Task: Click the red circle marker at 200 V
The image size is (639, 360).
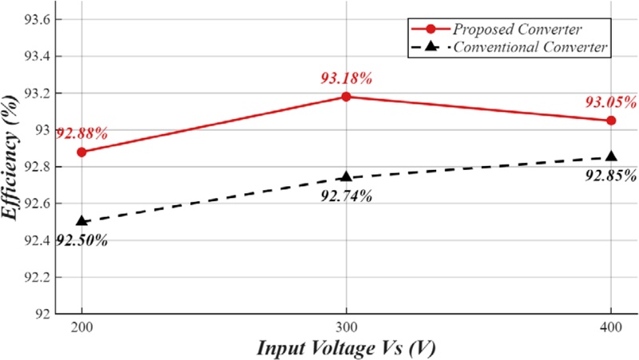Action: (81, 152)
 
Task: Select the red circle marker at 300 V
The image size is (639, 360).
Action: (346, 97)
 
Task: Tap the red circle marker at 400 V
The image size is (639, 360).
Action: (611, 121)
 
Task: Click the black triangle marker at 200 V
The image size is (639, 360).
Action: (81, 221)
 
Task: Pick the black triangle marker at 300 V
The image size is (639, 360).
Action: (346, 176)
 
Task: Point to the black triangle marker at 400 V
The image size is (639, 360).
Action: (611, 156)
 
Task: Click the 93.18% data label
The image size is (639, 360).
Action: (346, 78)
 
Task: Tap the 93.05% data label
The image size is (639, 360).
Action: (610, 102)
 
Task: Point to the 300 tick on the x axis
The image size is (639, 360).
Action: (346, 328)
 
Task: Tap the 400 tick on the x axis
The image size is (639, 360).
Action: (611, 328)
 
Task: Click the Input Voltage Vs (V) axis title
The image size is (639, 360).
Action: (345, 348)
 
